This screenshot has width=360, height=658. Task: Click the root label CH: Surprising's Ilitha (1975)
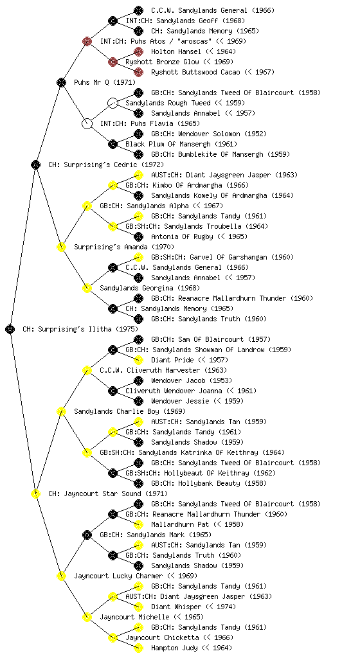pos(80,329)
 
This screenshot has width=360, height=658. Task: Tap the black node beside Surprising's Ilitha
pos(10,329)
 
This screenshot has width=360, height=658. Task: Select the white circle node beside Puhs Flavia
pos(87,123)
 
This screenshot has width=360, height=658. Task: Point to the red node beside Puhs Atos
pos(87,41)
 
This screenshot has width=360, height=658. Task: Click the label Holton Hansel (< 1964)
pos(194,51)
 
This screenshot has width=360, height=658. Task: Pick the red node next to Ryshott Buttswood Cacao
pos(138,72)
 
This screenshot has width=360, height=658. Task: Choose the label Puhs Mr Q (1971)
pos(105,82)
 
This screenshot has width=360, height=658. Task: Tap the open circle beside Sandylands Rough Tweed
pos(113,103)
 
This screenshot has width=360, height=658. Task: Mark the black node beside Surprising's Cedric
pos(35,164)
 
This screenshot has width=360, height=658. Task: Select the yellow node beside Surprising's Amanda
pos(61,247)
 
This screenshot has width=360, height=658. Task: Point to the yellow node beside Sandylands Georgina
pos(87,288)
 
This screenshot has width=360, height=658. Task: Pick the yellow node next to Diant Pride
pos(138,360)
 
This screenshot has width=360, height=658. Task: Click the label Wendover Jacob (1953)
pos(192,380)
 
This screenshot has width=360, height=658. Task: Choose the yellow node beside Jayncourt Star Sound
pos(35,493)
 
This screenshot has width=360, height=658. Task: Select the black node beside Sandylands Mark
pos(87,535)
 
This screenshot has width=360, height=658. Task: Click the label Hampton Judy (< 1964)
pos(192,648)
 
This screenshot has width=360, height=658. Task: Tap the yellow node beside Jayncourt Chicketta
pos(113,637)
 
